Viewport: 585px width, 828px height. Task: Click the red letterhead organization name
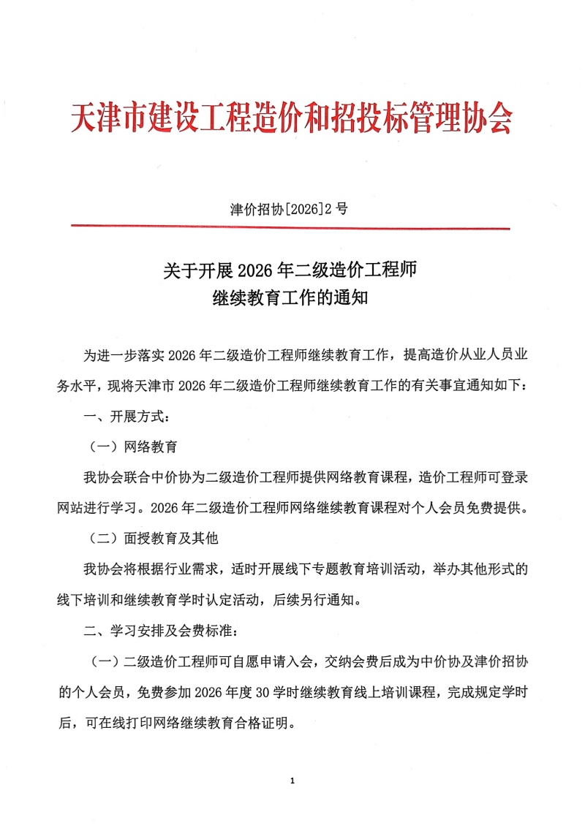[x=292, y=119]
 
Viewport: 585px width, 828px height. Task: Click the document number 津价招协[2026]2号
[x=290, y=209]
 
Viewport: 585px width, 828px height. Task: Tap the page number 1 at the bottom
[x=292, y=781]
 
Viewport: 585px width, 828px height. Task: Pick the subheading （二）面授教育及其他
[x=154, y=539]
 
